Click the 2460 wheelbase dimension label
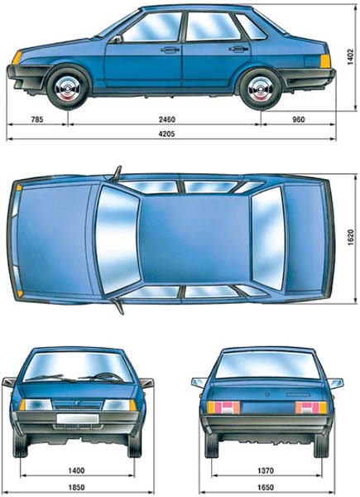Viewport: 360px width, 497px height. click(x=166, y=120)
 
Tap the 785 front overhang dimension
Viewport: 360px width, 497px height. click(x=36, y=120)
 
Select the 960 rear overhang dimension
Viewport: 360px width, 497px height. click(x=299, y=119)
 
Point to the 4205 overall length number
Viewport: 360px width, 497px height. click(x=166, y=133)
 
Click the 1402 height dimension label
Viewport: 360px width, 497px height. click(x=350, y=56)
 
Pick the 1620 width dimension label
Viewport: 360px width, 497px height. click(x=350, y=238)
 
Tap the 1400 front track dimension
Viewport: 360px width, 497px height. click(x=76, y=470)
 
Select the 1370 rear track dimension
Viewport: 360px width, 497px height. click(x=266, y=471)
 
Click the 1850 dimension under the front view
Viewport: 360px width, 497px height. click(x=76, y=487)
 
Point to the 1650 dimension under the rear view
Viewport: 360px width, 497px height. click(x=266, y=487)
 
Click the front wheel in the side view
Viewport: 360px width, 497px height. click(x=68, y=87)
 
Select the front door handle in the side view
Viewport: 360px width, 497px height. click(x=170, y=50)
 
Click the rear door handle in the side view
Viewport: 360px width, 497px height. click(x=238, y=49)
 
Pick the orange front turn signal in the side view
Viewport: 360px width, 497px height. click(x=17, y=58)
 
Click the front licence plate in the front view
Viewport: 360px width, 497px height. click(x=78, y=418)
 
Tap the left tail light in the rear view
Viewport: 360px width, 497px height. click(x=223, y=408)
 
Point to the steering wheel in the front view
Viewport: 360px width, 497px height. click(x=107, y=377)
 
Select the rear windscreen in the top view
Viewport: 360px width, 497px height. click(x=267, y=238)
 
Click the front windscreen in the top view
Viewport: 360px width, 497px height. click(x=118, y=238)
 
